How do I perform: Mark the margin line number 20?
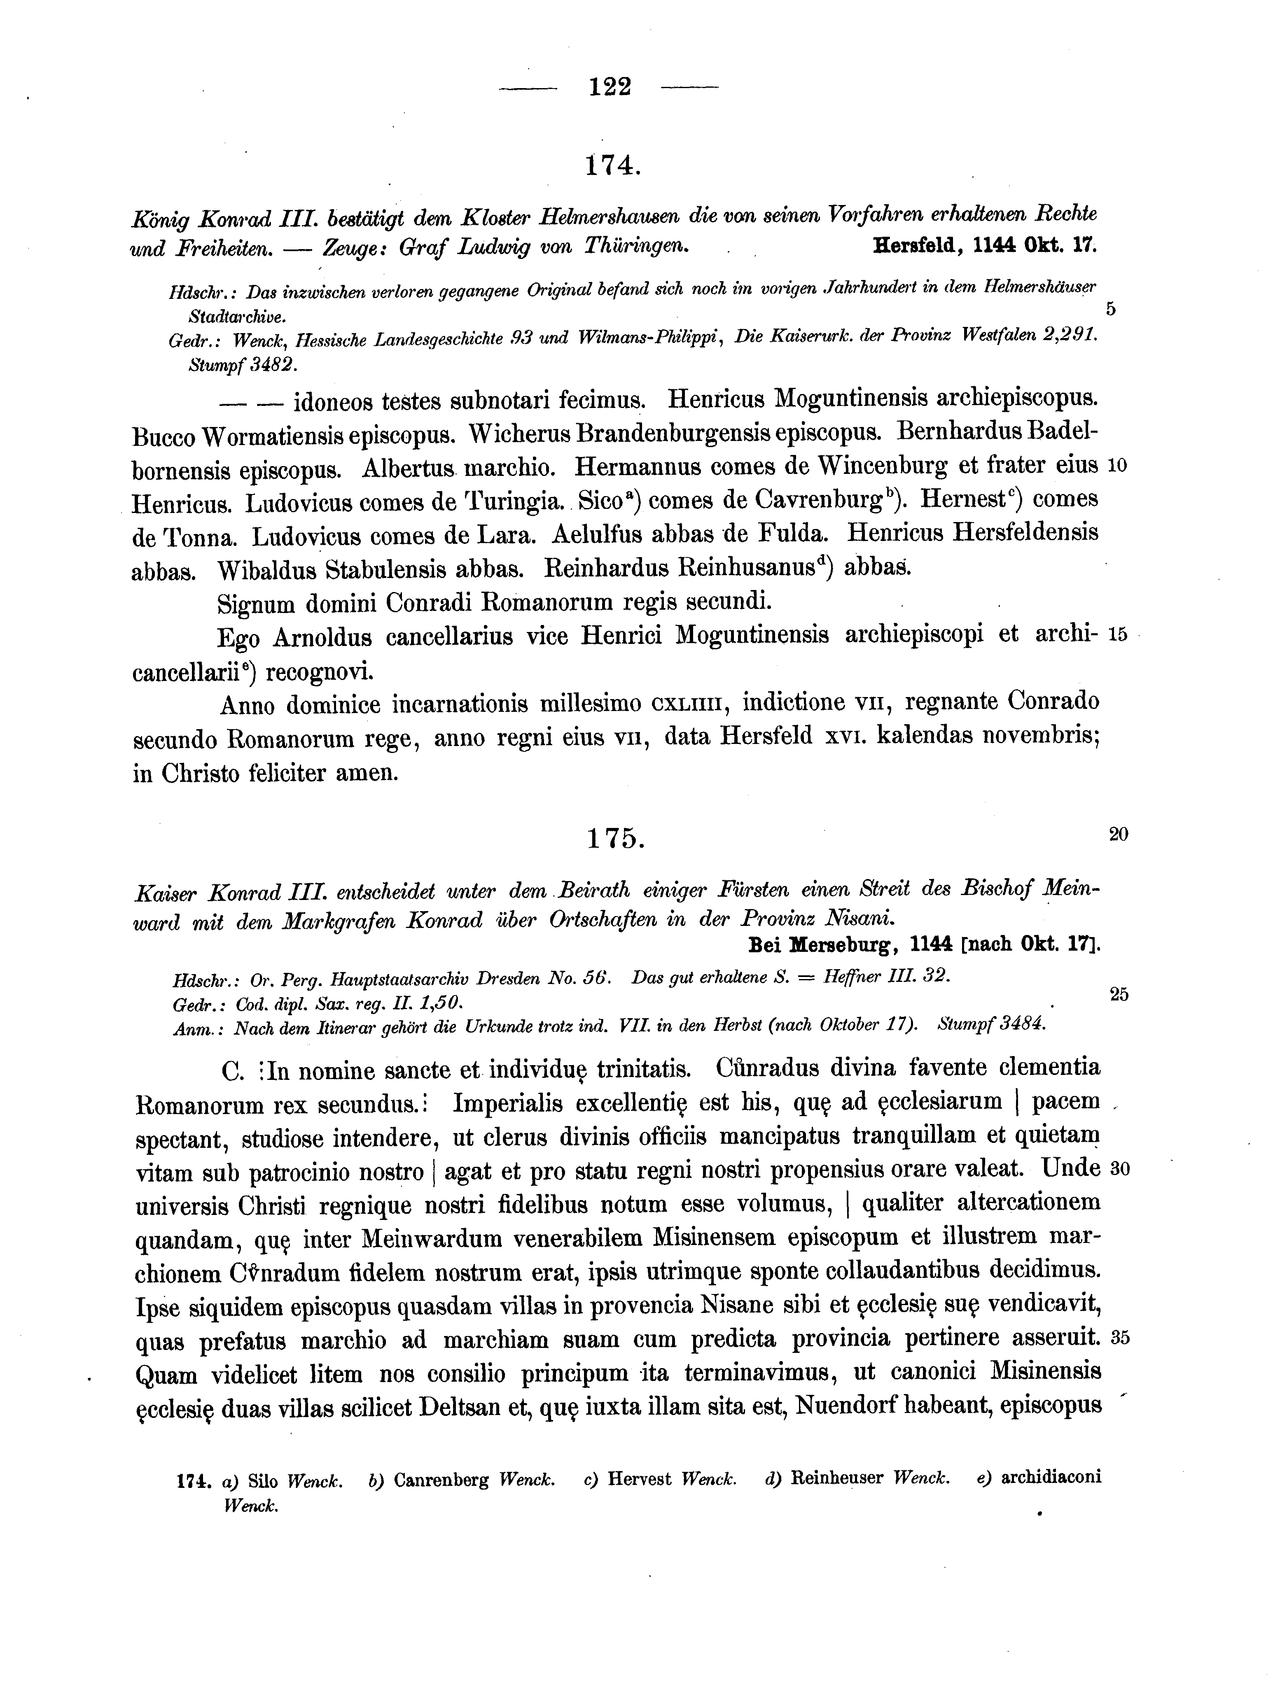pos(1118,835)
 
